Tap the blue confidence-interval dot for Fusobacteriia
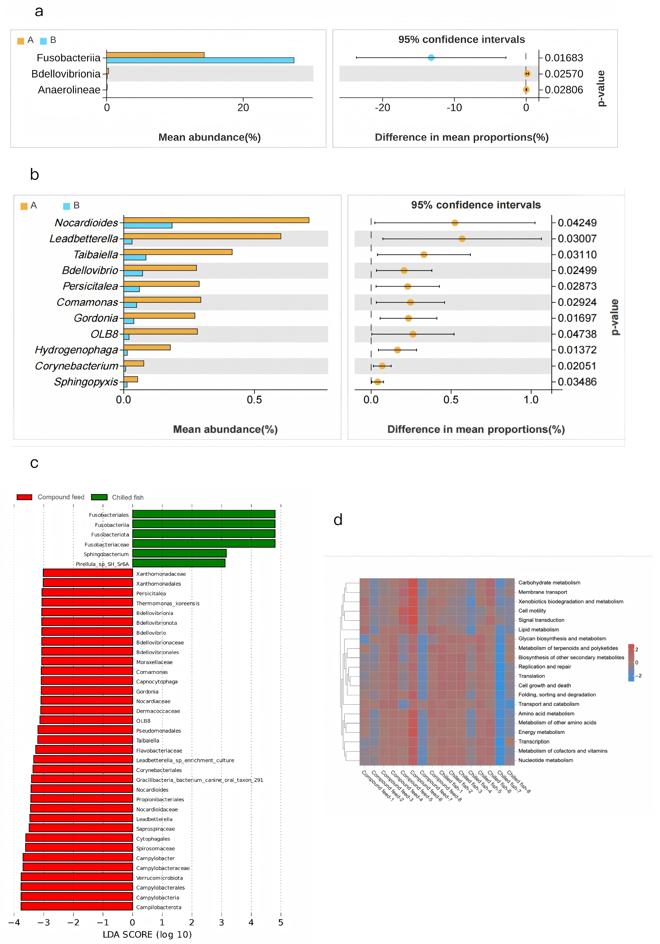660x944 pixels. tap(431, 57)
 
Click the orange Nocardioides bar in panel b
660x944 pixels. tap(216, 220)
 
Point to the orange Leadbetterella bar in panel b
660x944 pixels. tap(202, 236)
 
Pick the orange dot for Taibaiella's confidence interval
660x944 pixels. tap(424, 255)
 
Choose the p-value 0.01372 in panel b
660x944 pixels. tap(577, 350)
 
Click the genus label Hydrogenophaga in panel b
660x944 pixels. tap(77, 350)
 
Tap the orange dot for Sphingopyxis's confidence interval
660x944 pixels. tap(377, 382)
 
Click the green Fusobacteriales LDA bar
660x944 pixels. tap(204, 514)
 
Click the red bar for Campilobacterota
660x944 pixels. tap(77, 906)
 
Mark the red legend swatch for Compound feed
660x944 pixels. tap(24, 497)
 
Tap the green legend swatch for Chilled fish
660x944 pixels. tap(99, 497)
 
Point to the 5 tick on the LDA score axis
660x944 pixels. tap(281, 923)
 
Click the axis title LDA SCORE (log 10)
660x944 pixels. tap(147, 935)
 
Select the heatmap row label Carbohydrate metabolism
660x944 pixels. tap(549, 583)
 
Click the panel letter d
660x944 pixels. tap(338, 520)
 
